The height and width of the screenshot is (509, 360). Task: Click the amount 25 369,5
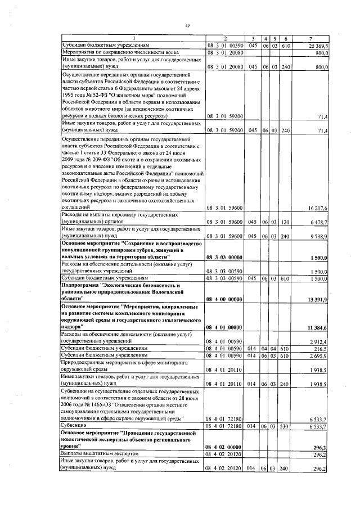(318, 46)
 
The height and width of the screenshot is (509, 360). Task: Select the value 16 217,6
(318, 208)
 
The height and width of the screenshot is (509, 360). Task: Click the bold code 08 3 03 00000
(224, 257)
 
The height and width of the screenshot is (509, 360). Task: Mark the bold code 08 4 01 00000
(224, 327)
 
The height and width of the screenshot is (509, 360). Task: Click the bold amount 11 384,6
(317, 327)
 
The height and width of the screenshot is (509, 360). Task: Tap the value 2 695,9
(319, 355)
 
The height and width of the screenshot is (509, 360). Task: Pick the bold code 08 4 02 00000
(224, 445)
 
